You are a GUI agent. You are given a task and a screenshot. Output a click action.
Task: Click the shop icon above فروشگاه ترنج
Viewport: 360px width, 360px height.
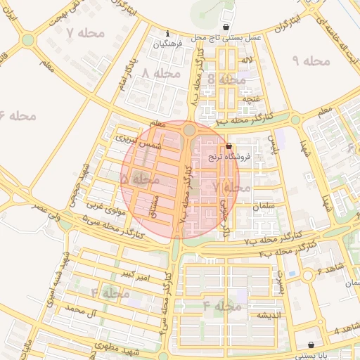click(x=229, y=147)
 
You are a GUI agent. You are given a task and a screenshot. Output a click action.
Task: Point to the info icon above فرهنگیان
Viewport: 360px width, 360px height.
click(x=167, y=34)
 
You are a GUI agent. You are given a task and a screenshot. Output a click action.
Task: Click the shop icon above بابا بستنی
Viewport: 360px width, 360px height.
click(x=311, y=345)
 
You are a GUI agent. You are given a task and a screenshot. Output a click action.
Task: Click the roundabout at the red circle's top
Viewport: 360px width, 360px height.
click(x=190, y=130)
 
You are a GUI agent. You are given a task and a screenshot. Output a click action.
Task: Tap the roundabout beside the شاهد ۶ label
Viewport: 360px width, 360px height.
click(x=307, y=275)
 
